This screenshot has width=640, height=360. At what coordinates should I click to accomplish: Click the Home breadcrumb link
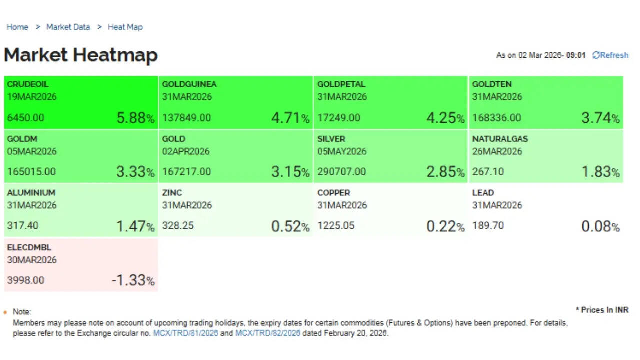[17, 27]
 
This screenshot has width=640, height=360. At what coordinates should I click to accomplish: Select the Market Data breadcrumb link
[68, 27]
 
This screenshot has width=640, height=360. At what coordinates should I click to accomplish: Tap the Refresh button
[610, 55]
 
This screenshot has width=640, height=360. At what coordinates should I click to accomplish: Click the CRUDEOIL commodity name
[28, 84]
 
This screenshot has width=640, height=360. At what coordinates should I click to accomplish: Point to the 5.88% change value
[135, 118]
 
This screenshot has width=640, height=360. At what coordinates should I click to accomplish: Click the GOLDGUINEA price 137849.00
[186, 118]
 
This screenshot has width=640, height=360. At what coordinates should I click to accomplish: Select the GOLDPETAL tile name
[341, 84]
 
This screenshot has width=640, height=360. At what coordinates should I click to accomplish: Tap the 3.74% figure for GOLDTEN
[600, 118]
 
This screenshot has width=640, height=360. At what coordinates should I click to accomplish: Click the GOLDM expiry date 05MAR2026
[32, 151]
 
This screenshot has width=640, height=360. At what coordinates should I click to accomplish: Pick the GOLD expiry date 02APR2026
[186, 151]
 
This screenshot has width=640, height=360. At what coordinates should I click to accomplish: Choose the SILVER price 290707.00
[341, 172]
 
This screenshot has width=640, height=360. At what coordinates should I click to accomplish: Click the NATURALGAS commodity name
[500, 139]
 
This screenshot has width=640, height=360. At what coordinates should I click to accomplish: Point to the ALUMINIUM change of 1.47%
[135, 226]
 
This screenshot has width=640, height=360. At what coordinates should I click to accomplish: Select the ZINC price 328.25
[178, 226]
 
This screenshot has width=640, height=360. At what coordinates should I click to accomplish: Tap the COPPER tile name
[333, 193]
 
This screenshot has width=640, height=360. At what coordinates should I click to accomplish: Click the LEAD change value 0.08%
[600, 226]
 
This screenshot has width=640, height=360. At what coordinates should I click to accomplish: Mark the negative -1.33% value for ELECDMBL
[133, 280]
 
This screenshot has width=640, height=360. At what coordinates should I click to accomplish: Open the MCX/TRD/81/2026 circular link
[185, 333]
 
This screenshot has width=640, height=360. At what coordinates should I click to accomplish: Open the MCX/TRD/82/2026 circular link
[268, 333]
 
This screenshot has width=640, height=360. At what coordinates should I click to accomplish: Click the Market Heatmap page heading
[81, 55]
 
